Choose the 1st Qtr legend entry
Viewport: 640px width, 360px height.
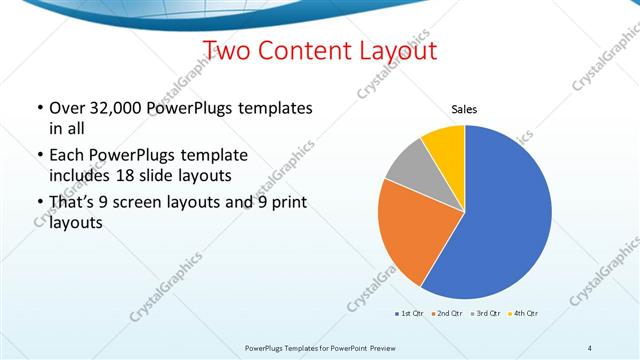coord(411,314)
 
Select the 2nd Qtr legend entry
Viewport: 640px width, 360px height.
coord(446,314)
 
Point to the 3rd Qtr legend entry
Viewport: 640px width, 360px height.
coord(486,314)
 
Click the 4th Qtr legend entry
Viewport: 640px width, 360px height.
coord(526,314)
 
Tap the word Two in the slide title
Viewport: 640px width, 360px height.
coord(228,50)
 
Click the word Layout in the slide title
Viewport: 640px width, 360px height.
coord(393,50)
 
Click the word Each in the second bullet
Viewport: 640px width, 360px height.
coord(67,155)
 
